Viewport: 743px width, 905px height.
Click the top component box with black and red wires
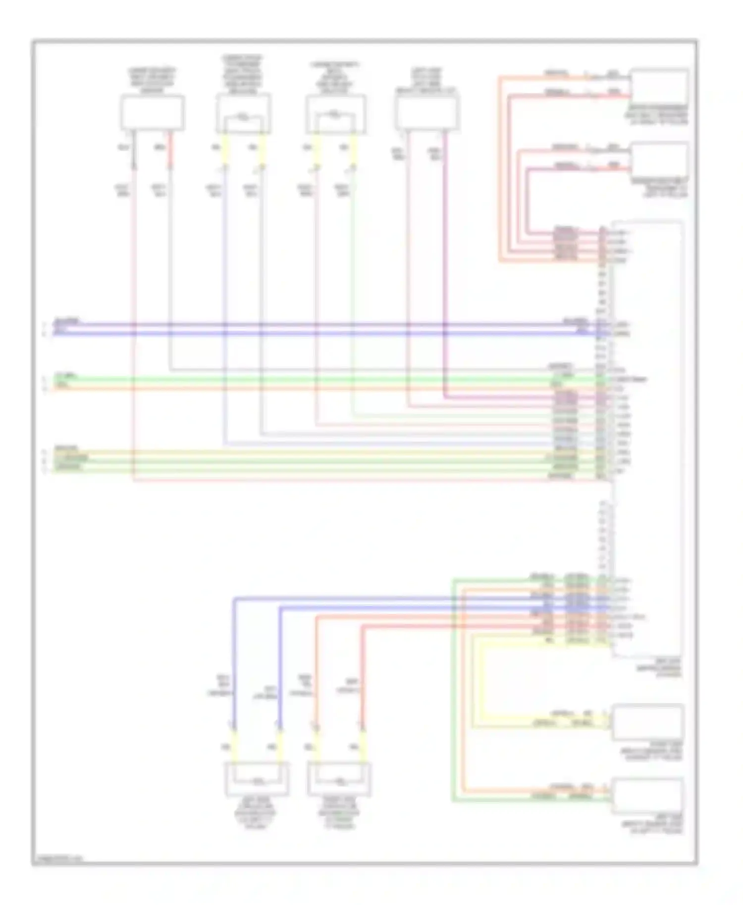[153, 113]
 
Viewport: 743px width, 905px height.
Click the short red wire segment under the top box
[170, 151]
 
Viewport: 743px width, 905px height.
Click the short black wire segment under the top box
[133, 151]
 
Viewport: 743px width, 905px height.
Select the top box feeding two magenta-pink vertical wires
[426, 113]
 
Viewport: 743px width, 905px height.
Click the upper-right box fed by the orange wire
[659, 86]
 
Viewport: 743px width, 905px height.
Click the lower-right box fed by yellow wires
[647, 722]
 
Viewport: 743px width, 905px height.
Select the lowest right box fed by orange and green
[647, 796]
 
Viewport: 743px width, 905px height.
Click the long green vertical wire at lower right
[453, 693]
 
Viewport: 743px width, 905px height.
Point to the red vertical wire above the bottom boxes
[362, 678]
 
